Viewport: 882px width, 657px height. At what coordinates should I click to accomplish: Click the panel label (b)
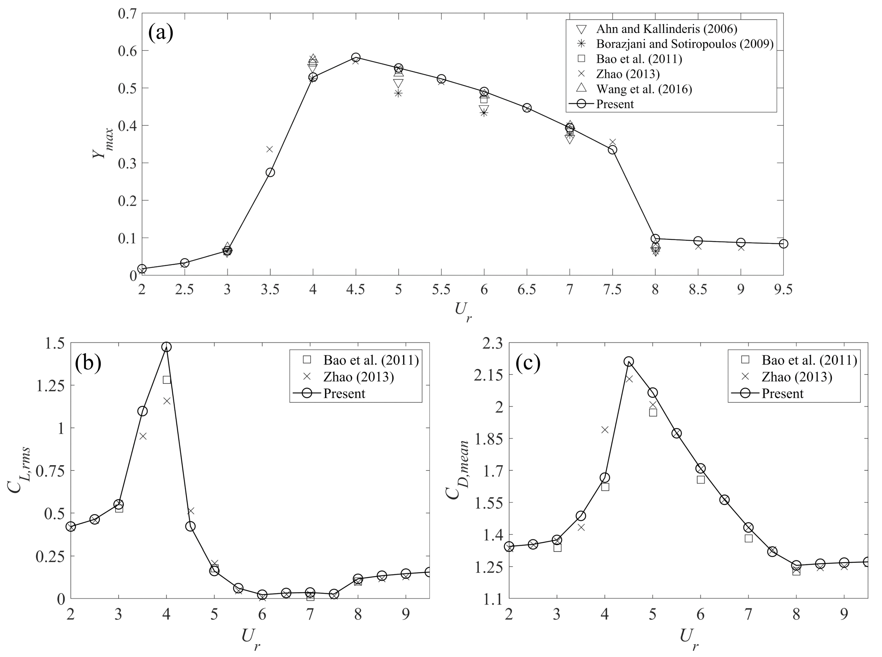tap(88, 362)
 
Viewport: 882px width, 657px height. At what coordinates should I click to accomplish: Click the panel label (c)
tap(528, 362)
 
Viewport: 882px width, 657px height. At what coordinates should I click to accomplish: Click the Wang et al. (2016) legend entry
tap(644, 89)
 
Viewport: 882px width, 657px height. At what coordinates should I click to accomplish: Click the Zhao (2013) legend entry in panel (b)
tap(358, 377)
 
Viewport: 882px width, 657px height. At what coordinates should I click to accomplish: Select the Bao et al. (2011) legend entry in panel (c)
tap(809, 360)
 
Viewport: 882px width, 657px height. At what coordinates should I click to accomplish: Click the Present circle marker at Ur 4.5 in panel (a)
tap(356, 57)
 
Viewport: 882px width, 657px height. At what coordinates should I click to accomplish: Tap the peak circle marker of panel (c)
tap(628, 361)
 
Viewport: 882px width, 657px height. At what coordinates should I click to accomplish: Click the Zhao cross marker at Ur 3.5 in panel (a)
tap(270, 149)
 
